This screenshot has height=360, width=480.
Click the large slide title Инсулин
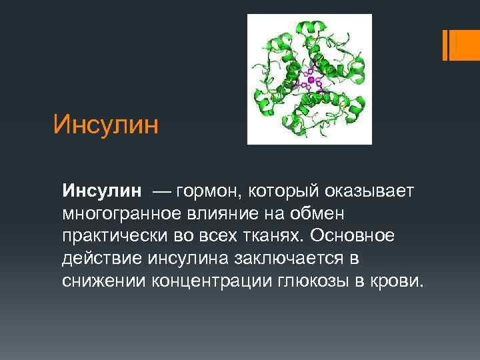pos(107,124)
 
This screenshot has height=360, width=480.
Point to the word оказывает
pos(370,192)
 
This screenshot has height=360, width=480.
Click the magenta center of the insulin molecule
pos(311,79)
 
